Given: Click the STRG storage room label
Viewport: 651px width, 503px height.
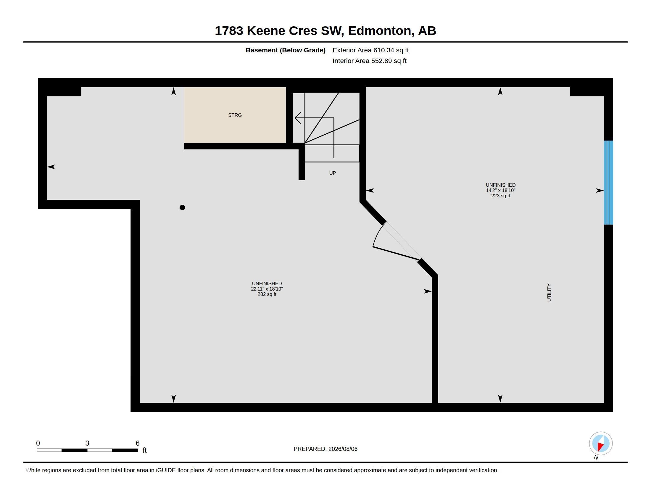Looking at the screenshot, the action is pyautogui.click(x=235, y=115).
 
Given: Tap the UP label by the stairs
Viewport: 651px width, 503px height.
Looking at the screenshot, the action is pyautogui.click(x=332, y=173).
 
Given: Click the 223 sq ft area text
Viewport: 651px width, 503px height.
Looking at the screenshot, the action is pyautogui.click(x=500, y=196).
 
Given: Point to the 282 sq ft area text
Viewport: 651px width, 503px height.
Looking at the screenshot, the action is pyautogui.click(x=267, y=294).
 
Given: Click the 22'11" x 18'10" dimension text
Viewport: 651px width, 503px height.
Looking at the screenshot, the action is pyautogui.click(x=267, y=289).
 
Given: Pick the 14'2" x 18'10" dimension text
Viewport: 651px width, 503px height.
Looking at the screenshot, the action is pyautogui.click(x=500, y=191).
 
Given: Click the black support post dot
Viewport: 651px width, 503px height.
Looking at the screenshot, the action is pyautogui.click(x=182, y=207).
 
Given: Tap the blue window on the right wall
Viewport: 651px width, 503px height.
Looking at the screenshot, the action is pyautogui.click(x=608, y=182).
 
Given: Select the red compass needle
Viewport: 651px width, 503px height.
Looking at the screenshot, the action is pyautogui.click(x=600, y=446).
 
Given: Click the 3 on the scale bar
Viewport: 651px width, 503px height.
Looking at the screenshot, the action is pyautogui.click(x=87, y=443).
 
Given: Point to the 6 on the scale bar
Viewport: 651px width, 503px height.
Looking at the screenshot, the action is pyautogui.click(x=137, y=443).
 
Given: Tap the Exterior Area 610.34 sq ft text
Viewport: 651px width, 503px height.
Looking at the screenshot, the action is pyautogui.click(x=370, y=50).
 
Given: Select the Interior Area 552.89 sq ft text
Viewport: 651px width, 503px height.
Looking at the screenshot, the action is pyautogui.click(x=369, y=61).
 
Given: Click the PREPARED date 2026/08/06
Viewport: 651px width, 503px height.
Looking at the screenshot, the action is pyautogui.click(x=343, y=449).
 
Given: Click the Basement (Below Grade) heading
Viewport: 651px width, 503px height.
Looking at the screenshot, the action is pyautogui.click(x=285, y=50).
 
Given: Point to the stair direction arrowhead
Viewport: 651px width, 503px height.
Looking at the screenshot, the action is pyautogui.click(x=297, y=118).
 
